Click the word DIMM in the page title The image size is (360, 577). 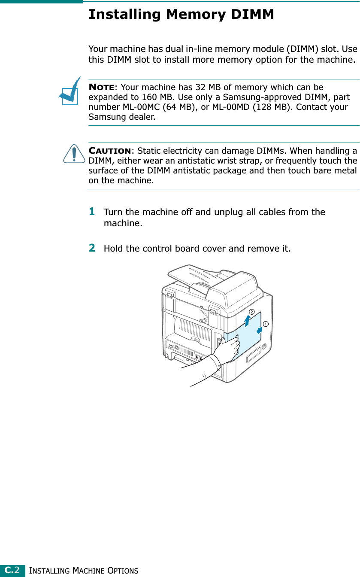(252, 14)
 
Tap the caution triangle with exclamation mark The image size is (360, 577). (74, 154)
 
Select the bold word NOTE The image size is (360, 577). (101, 87)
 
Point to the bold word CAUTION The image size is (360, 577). (110, 151)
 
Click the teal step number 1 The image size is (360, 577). (92, 212)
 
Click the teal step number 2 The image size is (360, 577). (92, 248)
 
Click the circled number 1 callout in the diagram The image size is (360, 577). (266, 324)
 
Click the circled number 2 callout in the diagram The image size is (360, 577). (251, 312)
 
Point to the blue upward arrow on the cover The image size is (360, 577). (247, 321)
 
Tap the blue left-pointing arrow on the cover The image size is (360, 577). (260, 330)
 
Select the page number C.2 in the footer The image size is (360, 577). (12, 570)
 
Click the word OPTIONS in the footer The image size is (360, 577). (123, 571)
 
